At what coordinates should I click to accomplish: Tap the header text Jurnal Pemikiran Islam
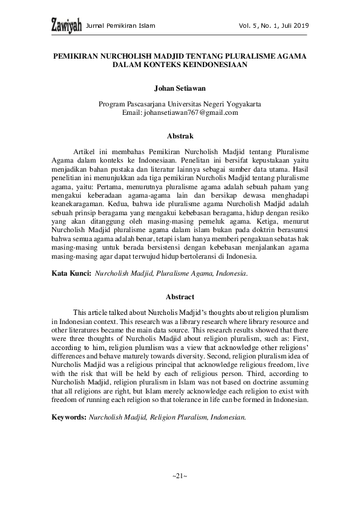[x=121, y=26]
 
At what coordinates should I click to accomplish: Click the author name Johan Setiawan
[x=180, y=87]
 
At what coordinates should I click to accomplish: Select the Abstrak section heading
[x=180, y=137]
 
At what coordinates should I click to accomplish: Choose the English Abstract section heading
[x=180, y=297]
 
